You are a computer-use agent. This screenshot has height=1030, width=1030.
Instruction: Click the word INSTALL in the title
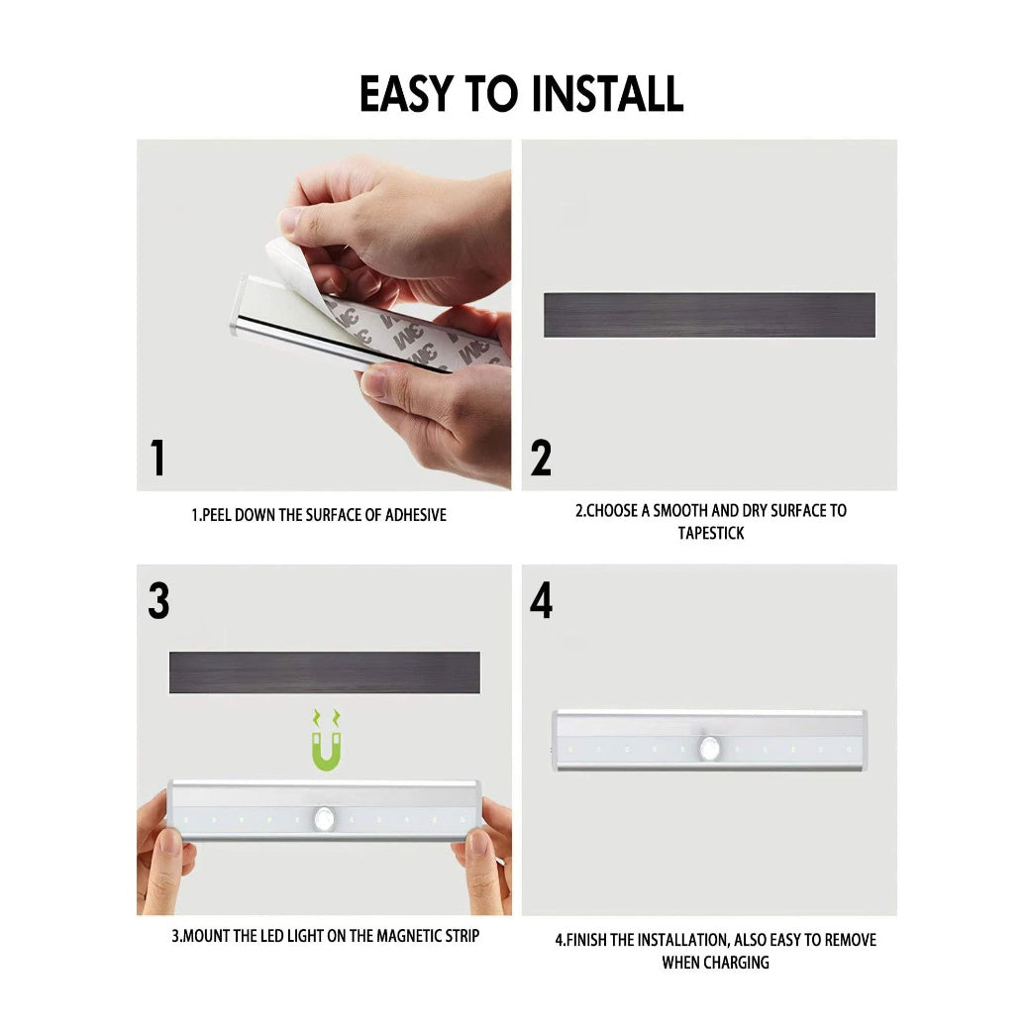(x=607, y=93)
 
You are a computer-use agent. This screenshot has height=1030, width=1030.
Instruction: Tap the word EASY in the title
(x=407, y=93)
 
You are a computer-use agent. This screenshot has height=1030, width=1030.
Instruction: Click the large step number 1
(x=157, y=458)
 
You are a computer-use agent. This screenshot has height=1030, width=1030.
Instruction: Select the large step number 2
(x=541, y=458)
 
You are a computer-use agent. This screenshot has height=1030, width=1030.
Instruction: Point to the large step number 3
(x=158, y=600)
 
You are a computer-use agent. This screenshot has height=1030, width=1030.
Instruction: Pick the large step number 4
(x=542, y=600)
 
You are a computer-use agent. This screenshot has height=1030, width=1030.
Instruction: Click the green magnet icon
(x=327, y=741)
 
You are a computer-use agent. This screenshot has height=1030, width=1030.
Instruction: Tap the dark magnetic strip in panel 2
(x=709, y=315)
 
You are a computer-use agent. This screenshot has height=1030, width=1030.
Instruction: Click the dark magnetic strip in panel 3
(x=325, y=672)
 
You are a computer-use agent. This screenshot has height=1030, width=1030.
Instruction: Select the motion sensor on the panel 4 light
(x=709, y=748)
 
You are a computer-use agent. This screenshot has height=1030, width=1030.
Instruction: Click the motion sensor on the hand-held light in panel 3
(x=324, y=818)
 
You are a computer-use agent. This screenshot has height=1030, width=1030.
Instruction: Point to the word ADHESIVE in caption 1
(x=416, y=515)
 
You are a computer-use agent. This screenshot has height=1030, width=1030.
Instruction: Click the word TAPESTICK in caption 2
(x=711, y=533)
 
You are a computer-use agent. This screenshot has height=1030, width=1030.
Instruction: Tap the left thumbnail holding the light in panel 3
(x=170, y=842)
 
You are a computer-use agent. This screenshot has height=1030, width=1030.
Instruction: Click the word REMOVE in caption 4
(x=850, y=940)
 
